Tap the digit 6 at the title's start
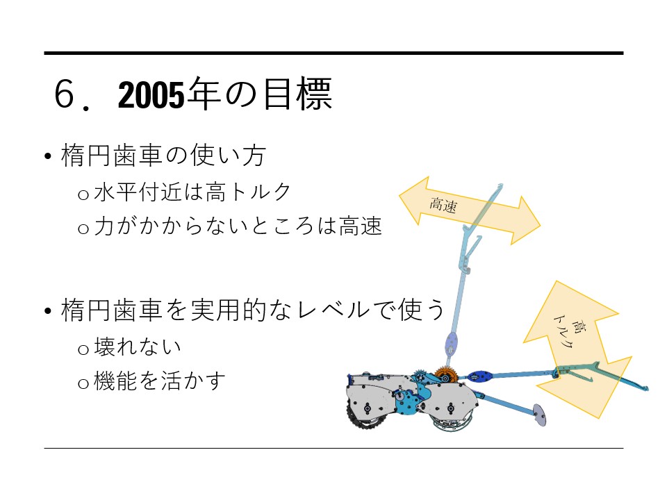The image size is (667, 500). click(x=65, y=96)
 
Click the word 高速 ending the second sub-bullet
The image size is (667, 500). click(x=361, y=226)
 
